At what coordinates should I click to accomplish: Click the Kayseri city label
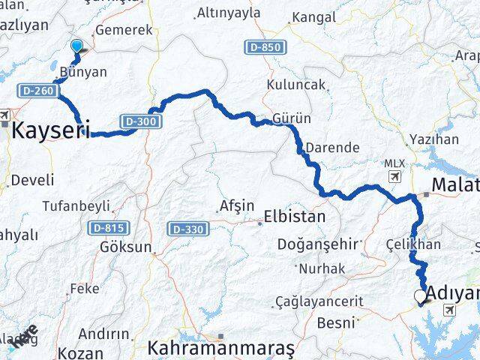[x=51, y=127]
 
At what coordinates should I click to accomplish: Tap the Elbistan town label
[x=294, y=217]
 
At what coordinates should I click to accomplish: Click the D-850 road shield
[x=263, y=48]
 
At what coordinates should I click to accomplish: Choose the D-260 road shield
[x=33, y=91]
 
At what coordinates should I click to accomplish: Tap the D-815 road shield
[x=109, y=227]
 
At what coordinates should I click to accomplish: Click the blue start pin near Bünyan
[x=76, y=46]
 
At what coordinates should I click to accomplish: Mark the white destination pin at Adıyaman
[x=419, y=298]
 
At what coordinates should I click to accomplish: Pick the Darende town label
[x=333, y=148]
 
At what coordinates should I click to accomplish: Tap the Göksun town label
[x=126, y=247]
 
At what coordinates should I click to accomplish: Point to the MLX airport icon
[x=394, y=175]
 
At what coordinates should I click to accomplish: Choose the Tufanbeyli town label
[x=76, y=205]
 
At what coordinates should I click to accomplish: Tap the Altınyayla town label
[x=229, y=13]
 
